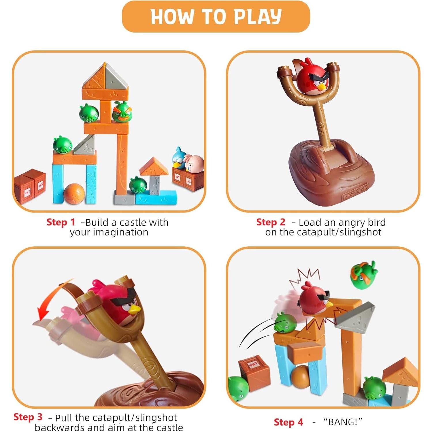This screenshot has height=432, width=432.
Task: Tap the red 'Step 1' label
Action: point(61,222)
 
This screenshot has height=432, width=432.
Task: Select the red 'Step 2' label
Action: point(270,222)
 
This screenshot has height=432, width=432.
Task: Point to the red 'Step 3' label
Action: point(28,417)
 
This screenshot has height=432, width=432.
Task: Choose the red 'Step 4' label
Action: point(288,422)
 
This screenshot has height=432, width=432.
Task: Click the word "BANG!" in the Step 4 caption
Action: point(343,422)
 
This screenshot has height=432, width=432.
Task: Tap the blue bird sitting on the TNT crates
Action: point(179,157)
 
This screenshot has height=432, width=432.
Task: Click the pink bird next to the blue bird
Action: point(194,163)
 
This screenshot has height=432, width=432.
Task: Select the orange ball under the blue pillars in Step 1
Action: point(74,194)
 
